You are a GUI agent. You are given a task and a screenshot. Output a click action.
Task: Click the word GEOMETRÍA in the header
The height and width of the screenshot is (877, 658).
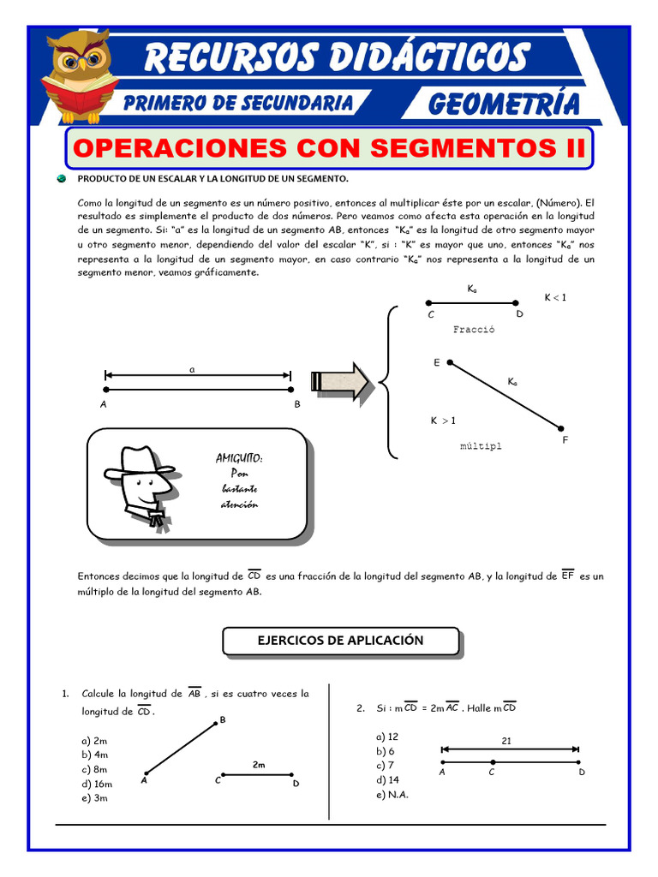click(x=504, y=104)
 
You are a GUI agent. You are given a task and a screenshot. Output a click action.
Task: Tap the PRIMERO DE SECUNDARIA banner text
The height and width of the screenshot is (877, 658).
click(x=237, y=103)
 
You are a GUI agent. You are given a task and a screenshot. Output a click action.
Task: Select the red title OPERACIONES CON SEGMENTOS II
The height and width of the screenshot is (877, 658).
click(x=330, y=147)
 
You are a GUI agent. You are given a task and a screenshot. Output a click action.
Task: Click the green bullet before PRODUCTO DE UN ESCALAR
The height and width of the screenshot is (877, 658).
click(x=62, y=178)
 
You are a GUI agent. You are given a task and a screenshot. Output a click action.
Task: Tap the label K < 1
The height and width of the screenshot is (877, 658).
click(x=555, y=297)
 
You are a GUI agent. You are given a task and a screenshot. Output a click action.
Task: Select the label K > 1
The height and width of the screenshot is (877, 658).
click(x=443, y=421)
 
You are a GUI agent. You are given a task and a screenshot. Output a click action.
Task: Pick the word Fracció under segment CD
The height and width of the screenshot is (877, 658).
click(x=473, y=329)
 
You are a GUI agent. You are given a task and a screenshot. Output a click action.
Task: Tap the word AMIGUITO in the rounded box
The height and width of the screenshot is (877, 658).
click(x=239, y=458)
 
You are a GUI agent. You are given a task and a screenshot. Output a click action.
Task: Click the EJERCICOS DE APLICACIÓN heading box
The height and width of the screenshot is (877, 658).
click(x=341, y=641)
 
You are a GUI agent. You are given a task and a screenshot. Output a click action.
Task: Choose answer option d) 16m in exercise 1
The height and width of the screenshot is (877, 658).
click(x=97, y=784)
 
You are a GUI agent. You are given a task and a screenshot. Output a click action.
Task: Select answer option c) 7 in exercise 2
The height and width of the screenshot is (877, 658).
click(x=385, y=765)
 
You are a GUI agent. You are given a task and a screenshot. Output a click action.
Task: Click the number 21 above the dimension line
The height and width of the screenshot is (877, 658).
click(x=506, y=741)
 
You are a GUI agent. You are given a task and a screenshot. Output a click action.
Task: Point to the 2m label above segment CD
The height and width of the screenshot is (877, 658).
click(x=259, y=764)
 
